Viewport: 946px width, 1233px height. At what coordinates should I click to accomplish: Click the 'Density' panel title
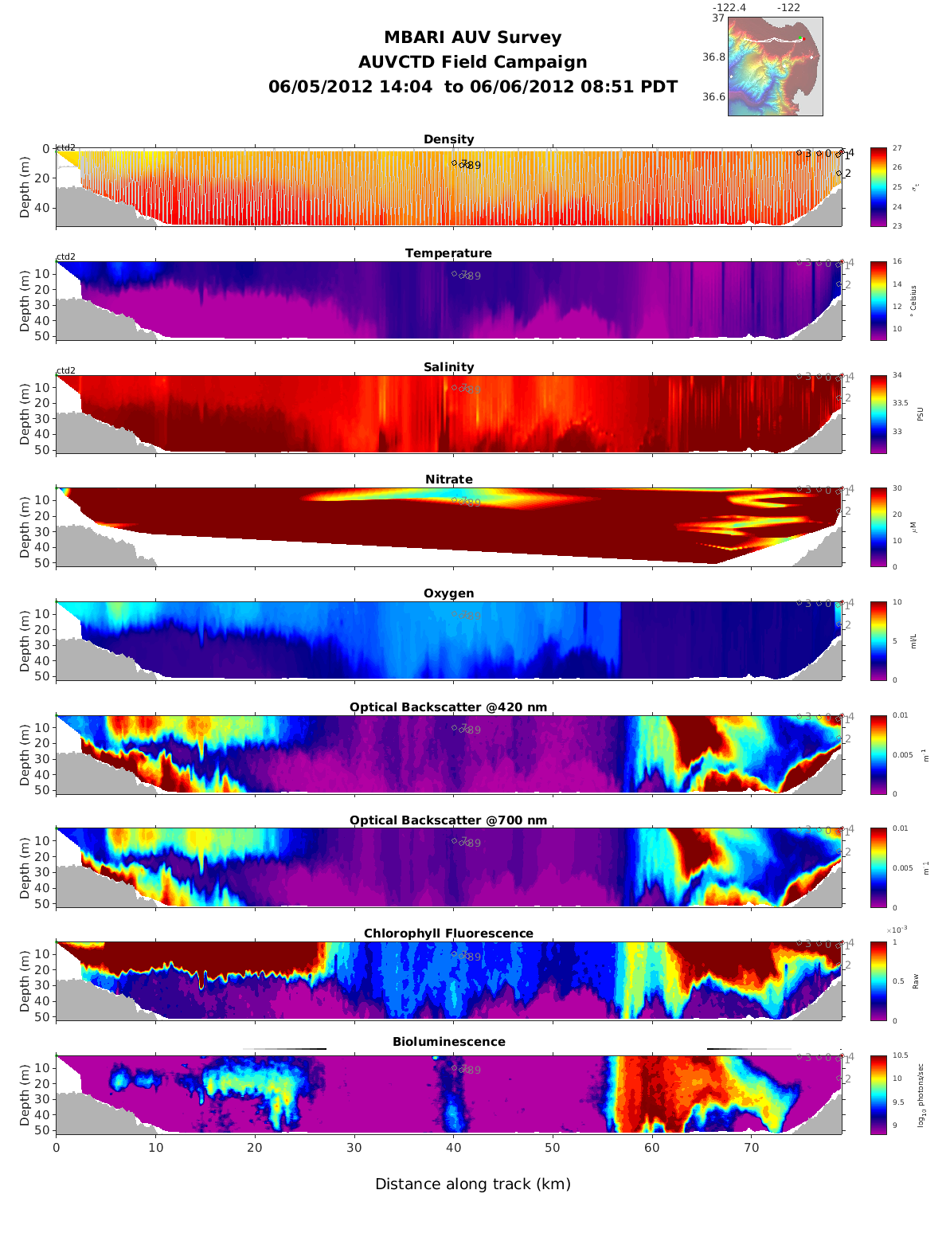tap(448, 139)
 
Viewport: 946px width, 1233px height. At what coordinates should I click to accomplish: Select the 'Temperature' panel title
tap(448, 253)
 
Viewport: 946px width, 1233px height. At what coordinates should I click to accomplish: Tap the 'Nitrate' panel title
tap(448, 479)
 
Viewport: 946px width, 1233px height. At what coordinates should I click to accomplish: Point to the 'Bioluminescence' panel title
tap(448, 1042)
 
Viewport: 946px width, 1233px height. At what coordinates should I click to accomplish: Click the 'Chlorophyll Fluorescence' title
tap(448, 934)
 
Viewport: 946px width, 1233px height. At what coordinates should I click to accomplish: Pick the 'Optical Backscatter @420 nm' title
tap(448, 707)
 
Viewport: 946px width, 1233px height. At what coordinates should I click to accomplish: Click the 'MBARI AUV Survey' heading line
tap(472, 37)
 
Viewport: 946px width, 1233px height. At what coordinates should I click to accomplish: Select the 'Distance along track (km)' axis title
tap(472, 1184)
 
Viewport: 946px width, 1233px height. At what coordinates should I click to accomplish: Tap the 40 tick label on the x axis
tap(453, 1148)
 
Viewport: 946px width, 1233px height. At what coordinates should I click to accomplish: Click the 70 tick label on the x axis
tap(751, 1148)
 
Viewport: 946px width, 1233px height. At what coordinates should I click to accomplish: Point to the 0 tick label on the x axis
tap(56, 1148)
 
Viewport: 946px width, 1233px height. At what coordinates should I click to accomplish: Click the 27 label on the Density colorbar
tap(897, 149)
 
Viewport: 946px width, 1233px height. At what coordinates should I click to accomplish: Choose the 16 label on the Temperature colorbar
tap(897, 262)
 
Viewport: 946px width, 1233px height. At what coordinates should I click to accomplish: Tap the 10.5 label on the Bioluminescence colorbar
tap(901, 1056)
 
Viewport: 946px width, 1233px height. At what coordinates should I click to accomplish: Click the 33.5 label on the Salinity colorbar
tap(901, 403)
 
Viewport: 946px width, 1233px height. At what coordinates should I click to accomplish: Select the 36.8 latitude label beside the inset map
tap(713, 57)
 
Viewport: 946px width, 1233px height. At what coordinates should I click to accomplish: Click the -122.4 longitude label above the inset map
tap(729, 8)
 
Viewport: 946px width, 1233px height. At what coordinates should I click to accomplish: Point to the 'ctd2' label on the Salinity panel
tap(66, 370)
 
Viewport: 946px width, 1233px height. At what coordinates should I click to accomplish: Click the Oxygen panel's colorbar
tap(878, 640)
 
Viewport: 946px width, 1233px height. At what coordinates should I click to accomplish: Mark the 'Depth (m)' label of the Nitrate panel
tap(25, 526)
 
